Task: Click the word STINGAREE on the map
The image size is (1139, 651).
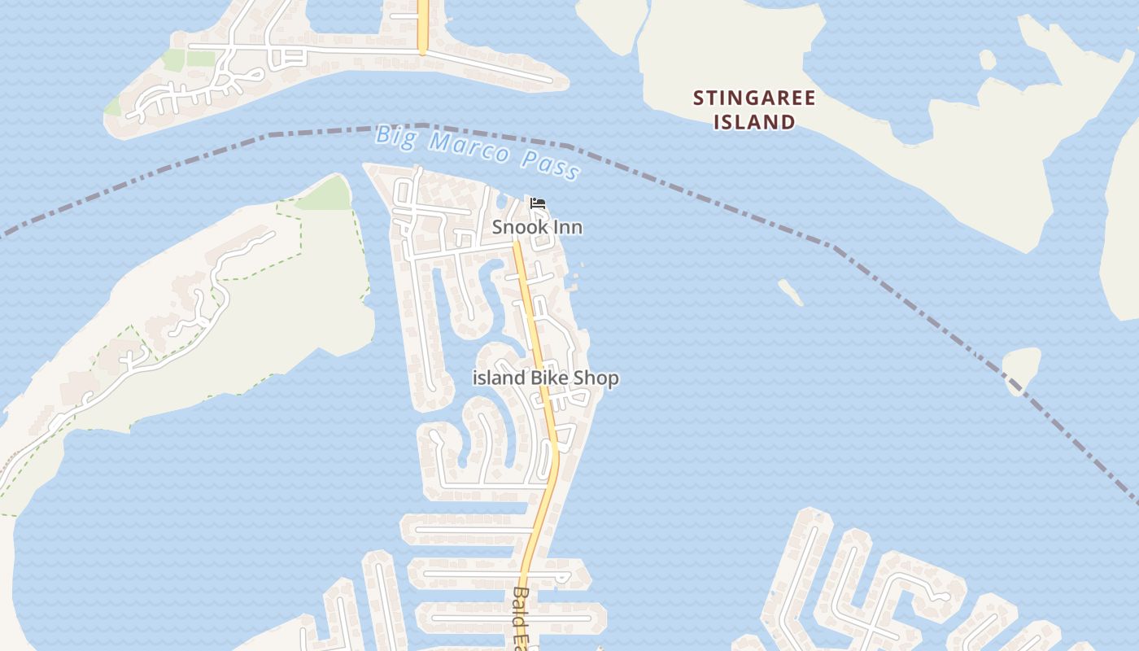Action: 753,98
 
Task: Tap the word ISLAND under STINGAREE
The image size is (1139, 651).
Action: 753,122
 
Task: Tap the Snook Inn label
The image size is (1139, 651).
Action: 537,227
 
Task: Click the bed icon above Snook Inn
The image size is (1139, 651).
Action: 537,203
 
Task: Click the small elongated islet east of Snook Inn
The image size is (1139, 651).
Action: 790,292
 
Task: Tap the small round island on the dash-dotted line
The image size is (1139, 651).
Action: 1022,368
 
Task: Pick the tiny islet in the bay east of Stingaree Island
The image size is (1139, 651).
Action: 987,59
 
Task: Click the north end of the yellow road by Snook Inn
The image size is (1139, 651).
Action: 516,244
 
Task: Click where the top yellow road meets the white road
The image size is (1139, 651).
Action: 422,51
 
